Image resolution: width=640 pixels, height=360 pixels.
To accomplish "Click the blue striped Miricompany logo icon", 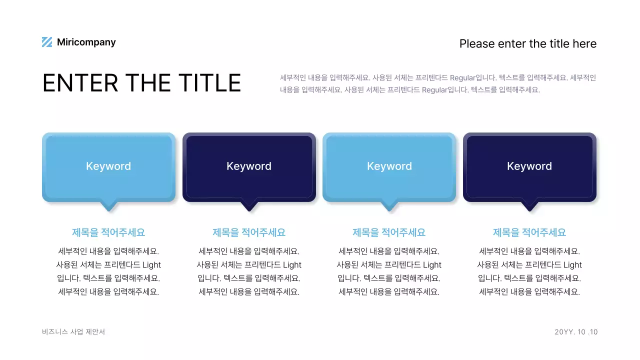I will click(47, 42).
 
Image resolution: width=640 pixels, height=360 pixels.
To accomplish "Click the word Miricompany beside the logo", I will click(86, 42).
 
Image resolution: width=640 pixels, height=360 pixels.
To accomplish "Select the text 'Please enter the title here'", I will click(527, 44).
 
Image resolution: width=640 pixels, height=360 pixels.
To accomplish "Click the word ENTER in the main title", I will click(80, 83).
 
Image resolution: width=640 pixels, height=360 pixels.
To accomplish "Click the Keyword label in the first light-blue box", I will click(108, 166).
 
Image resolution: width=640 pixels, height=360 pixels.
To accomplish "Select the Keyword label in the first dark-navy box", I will click(249, 166).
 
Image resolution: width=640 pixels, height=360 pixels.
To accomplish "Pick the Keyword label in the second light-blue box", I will click(389, 166).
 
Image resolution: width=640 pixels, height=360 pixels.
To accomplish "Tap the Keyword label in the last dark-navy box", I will click(529, 166).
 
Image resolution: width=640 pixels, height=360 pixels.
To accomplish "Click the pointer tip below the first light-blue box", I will click(108, 207).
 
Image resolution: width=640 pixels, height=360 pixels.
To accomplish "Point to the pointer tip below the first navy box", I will click(249, 207).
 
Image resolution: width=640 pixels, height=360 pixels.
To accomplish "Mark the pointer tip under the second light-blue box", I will click(389, 207).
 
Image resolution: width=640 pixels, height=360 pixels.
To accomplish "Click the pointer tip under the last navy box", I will click(529, 207).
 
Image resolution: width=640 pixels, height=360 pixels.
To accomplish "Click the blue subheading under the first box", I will click(108, 232).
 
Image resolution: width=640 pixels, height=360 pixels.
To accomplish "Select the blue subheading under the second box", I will click(249, 232).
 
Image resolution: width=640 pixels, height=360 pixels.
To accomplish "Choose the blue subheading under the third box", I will click(389, 232).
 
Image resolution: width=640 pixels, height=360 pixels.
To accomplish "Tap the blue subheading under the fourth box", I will click(529, 232).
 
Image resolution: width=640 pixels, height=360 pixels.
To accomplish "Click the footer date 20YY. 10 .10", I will click(576, 332).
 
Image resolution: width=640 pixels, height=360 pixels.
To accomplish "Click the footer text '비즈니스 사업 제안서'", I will click(73, 332).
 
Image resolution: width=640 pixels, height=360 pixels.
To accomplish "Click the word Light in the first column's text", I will click(151, 265).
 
